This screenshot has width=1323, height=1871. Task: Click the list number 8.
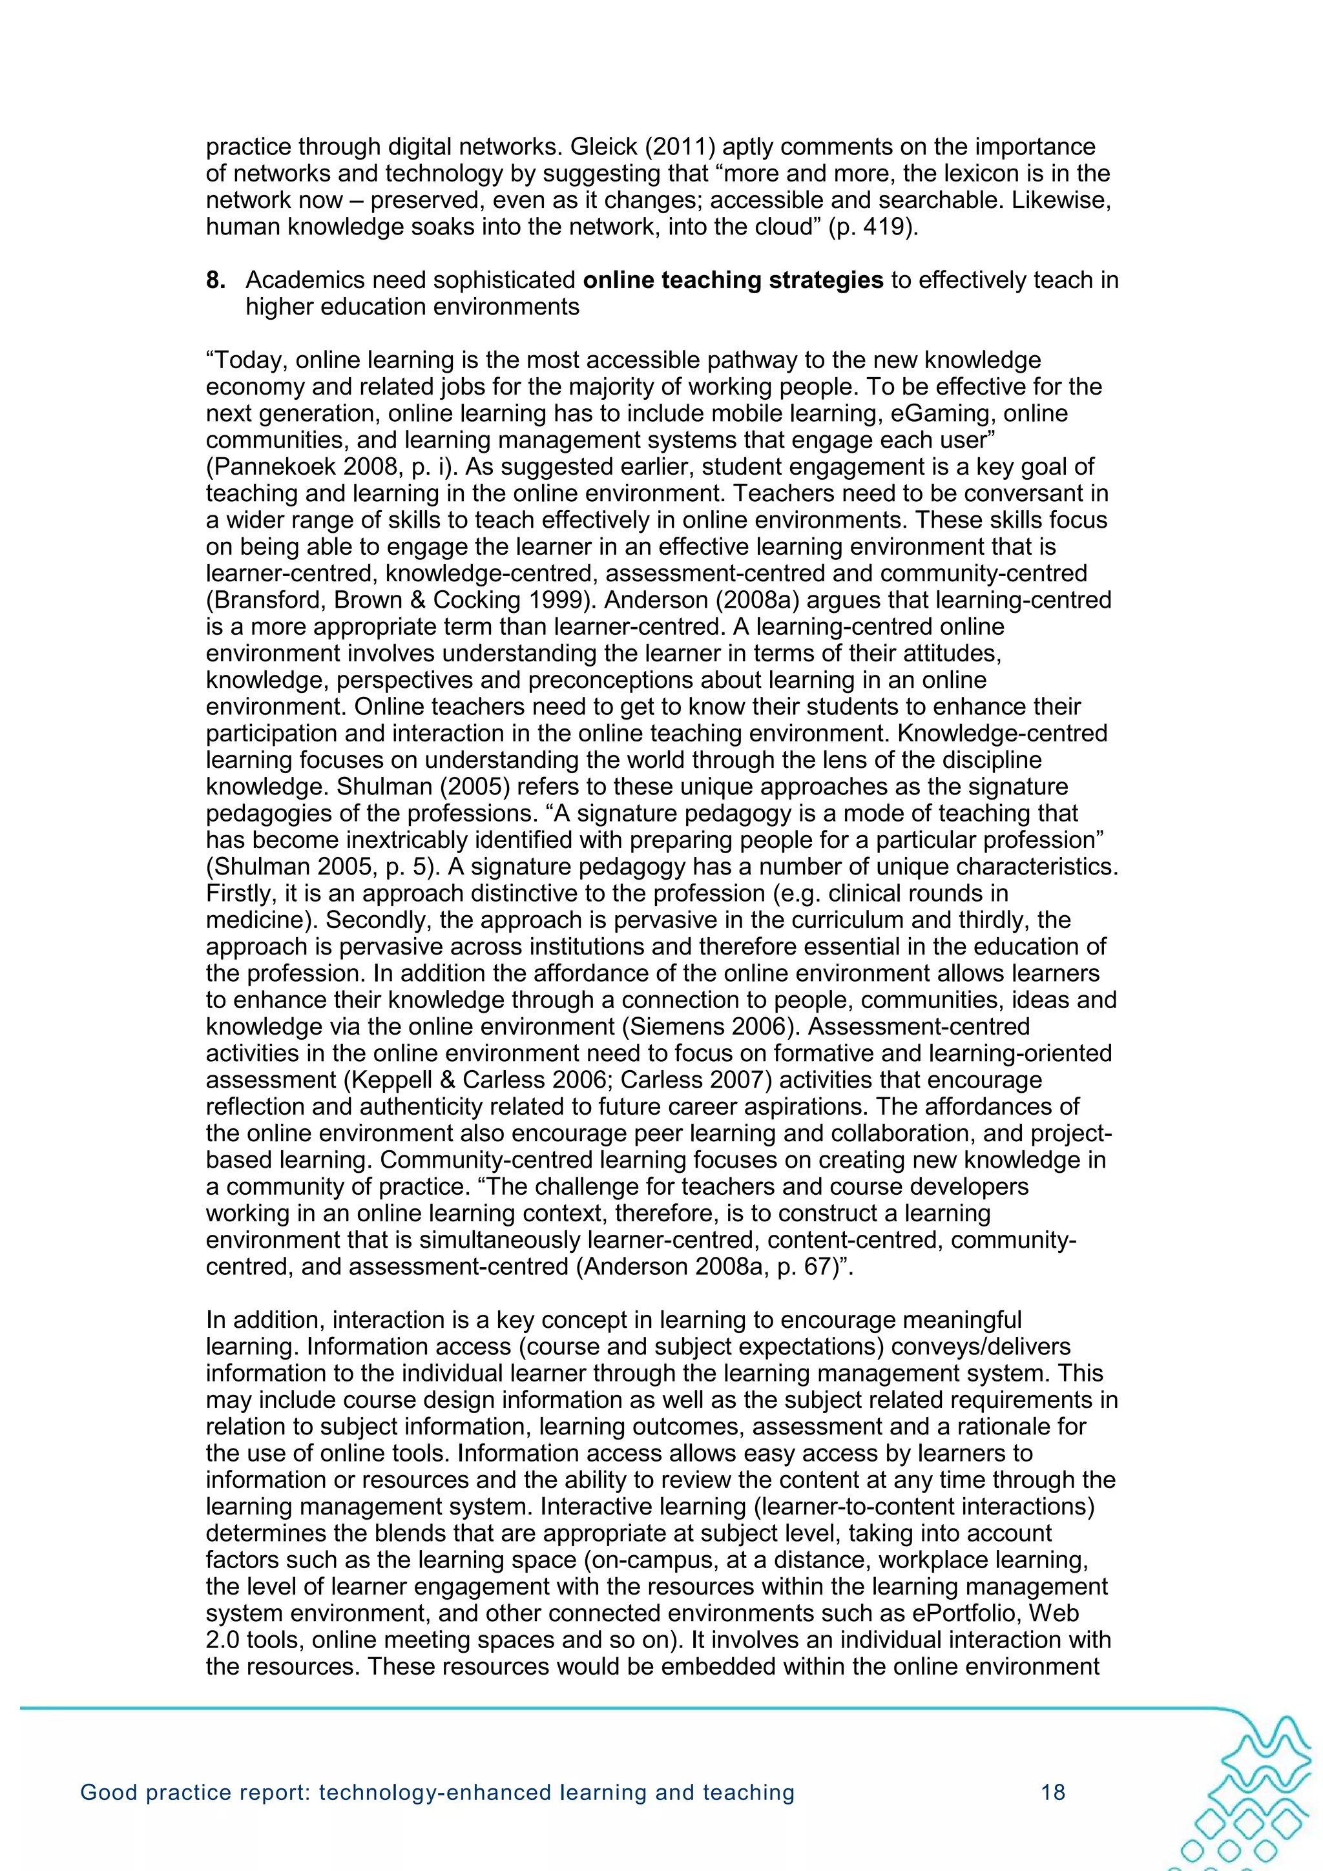pos(215,280)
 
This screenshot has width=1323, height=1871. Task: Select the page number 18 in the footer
pos(1053,1792)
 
